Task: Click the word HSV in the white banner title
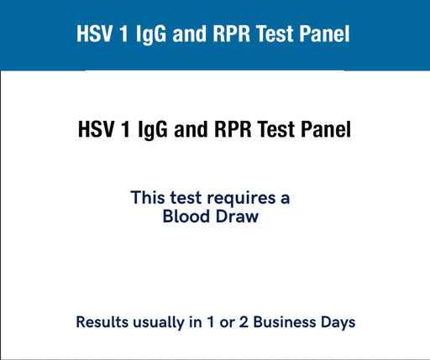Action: pos(94,34)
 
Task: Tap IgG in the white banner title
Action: pos(151,34)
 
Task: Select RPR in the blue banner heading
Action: pos(231,34)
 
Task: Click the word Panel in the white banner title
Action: pos(324,34)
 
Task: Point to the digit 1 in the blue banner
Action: pos(123,34)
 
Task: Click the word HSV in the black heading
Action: pos(96,129)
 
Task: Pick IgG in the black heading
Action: pos(153,130)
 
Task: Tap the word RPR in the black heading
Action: pos(233,129)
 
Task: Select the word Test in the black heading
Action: pos(275,129)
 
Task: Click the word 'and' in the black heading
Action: pos(191,129)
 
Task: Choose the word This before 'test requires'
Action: pos(148,197)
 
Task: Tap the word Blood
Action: pos(186,217)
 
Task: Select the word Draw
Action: pos(237,217)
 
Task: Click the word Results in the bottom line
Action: pos(102,322)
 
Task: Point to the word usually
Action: pos(159,323)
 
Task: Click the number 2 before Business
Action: pos(244,322)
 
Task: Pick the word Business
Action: pos(285,322)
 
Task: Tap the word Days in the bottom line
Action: pos(338,323)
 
